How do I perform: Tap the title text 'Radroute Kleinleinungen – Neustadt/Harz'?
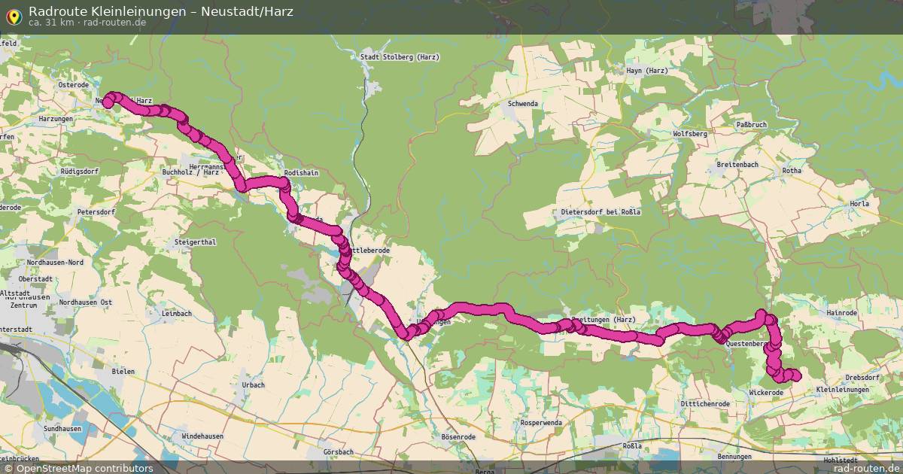161,11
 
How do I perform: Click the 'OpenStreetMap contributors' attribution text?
84,468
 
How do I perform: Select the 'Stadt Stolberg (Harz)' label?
400,57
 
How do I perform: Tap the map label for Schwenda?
523,104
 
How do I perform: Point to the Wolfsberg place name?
691,133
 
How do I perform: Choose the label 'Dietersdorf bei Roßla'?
600,211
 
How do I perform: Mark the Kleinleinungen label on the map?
842,390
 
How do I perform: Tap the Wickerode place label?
767,393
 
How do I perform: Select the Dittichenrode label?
705,404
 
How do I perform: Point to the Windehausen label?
203,436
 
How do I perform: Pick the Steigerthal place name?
195,242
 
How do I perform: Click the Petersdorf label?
96,212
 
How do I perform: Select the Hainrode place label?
841,312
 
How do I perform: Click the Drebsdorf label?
862,377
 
